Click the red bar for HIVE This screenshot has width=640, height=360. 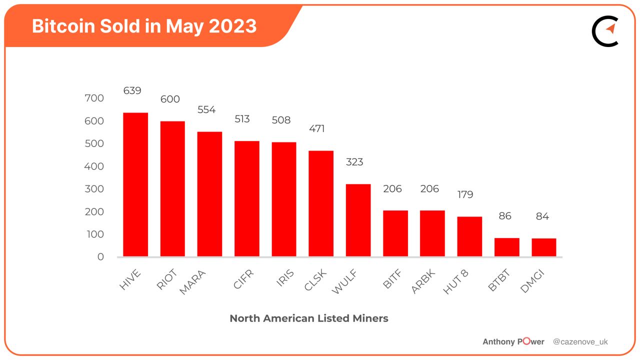click(135, 184)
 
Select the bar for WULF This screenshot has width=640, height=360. click(358, 220)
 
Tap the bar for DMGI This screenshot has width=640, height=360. click(543, 247)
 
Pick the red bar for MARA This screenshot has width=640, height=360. click(209, 194)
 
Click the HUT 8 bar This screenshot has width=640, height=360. click(469, 236)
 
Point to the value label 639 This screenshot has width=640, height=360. click(132, 90)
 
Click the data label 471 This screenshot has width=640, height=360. click(316, 128)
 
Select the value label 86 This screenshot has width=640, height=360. click(506, 216)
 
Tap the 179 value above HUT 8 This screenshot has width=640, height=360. click(465, 194)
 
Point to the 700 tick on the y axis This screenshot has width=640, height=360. click(94, 98)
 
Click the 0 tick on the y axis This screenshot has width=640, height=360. click(100, 257)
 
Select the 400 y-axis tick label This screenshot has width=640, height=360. click(94, 166)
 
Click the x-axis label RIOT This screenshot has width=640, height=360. click(167, 279)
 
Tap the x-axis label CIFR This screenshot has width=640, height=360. click(243, 279)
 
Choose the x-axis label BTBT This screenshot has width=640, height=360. click(499, 281)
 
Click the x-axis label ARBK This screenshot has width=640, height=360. click(423, 282)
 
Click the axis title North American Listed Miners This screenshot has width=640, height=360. click(308, 318)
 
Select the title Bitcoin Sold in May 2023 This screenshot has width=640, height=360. click(144, 26)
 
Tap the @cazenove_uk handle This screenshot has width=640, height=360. click(580, 342)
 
